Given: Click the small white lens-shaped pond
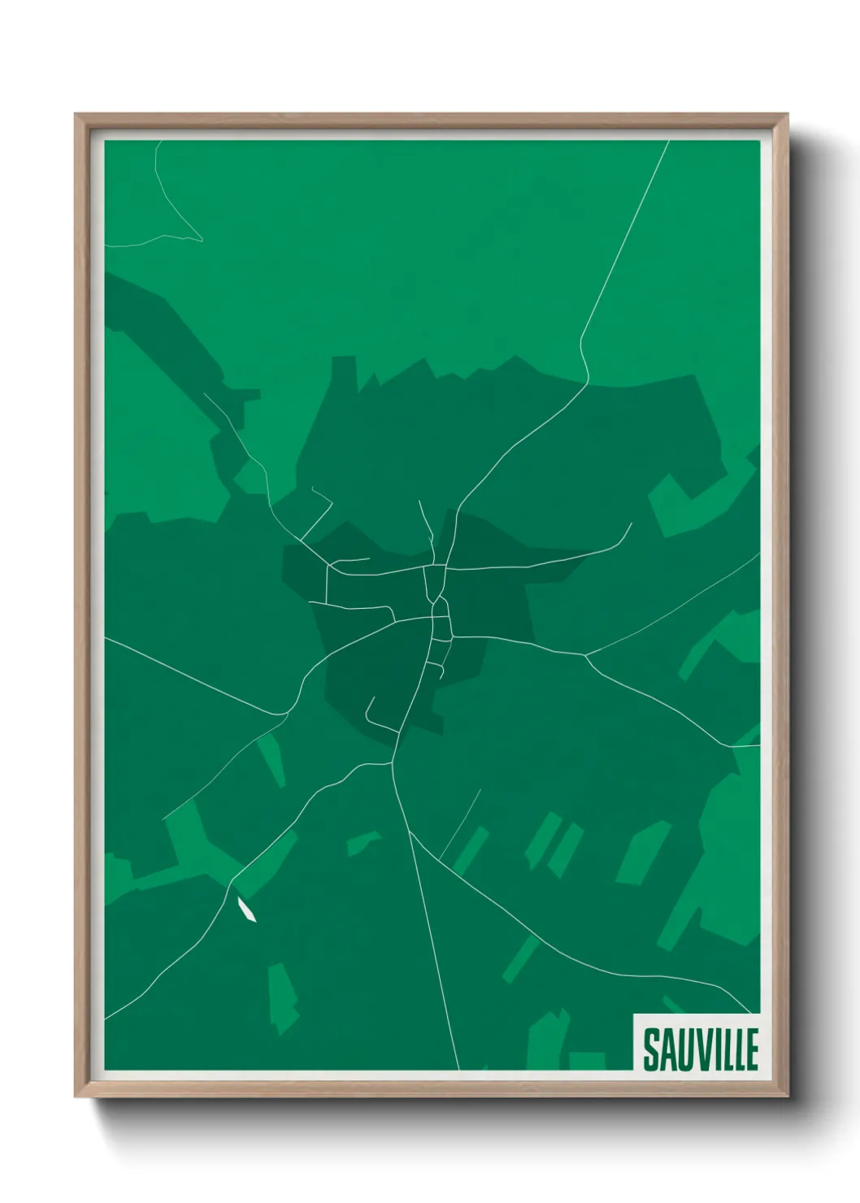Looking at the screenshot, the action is point(245,909).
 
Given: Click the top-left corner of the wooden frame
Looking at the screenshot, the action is point(76,115).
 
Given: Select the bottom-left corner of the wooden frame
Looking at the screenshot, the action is point(76,1097).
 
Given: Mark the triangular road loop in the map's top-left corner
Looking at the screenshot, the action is point(175,219).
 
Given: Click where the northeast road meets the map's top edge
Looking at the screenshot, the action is point(668,141).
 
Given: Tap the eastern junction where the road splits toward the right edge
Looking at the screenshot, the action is point(586,654).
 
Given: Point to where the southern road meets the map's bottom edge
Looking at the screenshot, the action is point(459,1070).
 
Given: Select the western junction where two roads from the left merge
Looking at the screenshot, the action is point(286,713).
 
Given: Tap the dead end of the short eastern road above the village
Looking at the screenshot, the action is point(632,523).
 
